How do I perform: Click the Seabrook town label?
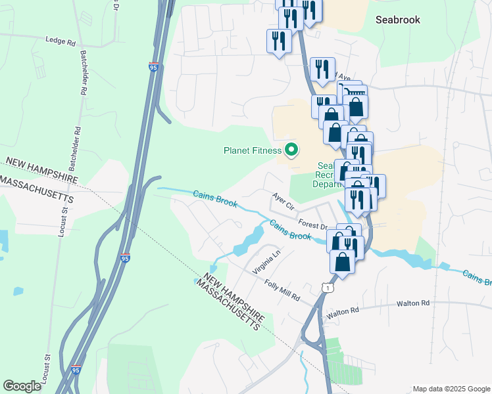tap(397, 20)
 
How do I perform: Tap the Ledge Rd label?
tap(61, 41)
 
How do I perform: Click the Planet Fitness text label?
tap(252, 150)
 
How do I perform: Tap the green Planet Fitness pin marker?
tap(291, 150)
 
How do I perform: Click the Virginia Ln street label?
tap(266, 260)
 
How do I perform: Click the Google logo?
tap(22, 385)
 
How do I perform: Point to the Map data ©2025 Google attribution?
tap(451, 389)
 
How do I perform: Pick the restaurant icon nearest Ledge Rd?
tap(279, 41)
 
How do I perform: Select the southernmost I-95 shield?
tap(77, 370)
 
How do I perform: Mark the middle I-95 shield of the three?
tap(125, 258)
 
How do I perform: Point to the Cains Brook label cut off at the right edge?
tap(476, 278)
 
